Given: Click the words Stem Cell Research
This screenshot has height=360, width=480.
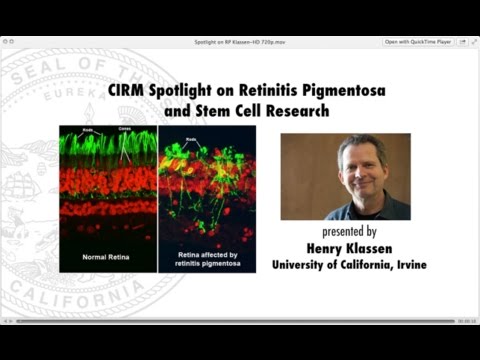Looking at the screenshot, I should click(268, 111).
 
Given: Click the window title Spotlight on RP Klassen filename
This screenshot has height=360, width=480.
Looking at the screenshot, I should click(239, 42).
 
